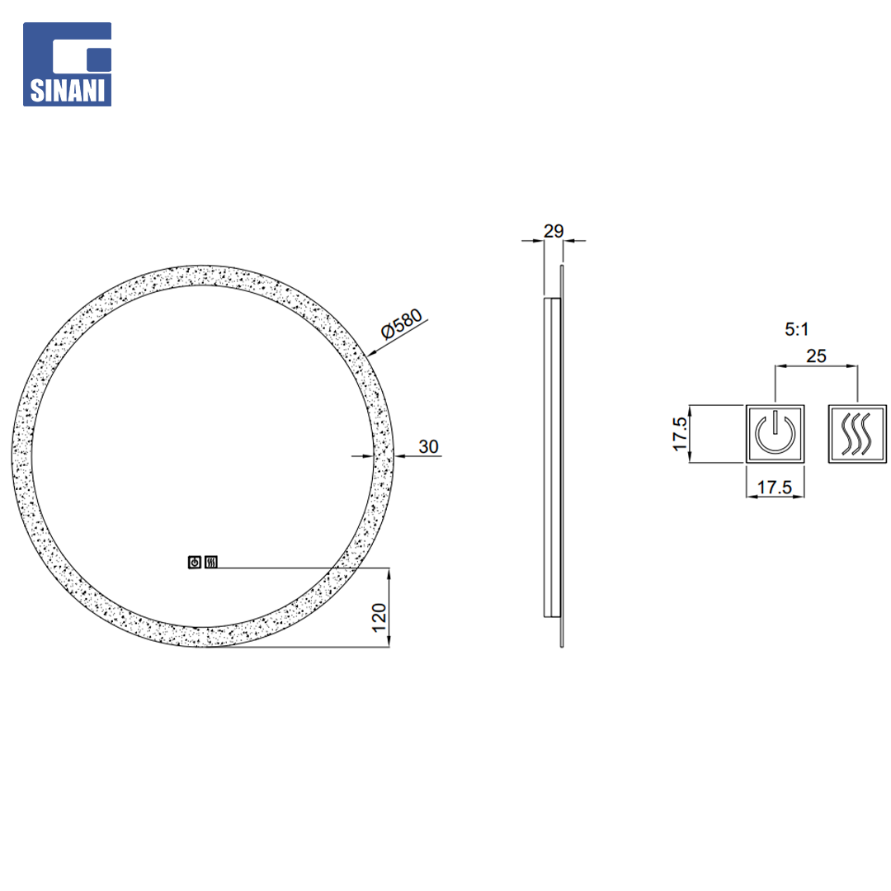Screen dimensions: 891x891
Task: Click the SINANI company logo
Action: [x=67, y=64]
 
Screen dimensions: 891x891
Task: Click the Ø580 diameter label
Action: [x=402, y=323]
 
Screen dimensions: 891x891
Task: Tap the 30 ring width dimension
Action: [x=428, y=446]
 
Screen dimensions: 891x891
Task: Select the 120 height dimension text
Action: [x=379, y=618]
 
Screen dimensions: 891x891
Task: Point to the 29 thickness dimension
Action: [x=554, y=231]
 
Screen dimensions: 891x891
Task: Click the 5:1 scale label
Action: [x=796, y=329]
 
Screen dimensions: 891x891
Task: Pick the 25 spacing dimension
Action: [x=816, y=356]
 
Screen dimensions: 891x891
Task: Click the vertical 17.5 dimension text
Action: [x=680, y=434]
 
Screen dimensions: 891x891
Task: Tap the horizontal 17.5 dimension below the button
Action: [x=774, y=487]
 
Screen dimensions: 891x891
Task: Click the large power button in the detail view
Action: [x=775, y=434]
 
